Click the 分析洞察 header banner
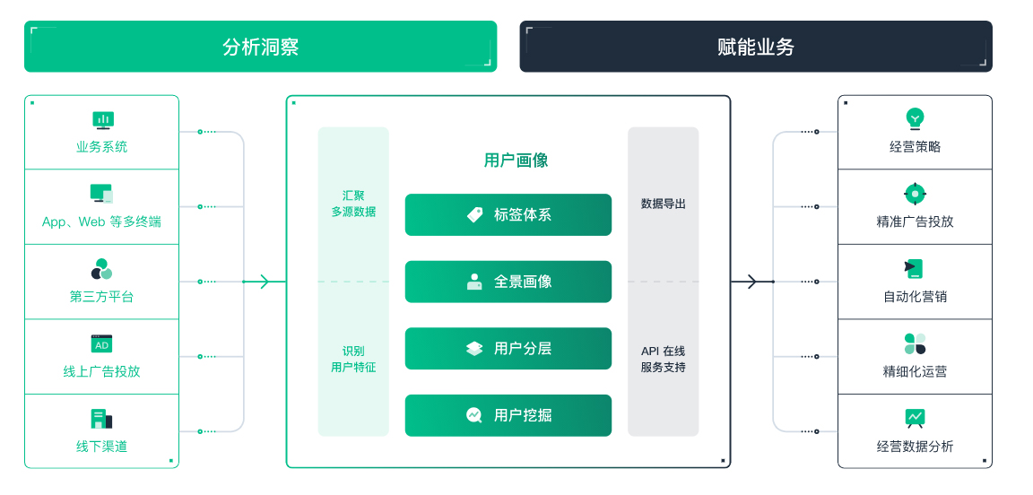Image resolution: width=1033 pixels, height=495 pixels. [x=260, y=46]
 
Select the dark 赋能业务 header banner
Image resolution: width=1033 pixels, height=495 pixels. [x=756, y=46]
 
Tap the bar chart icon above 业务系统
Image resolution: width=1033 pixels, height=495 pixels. [x=102, y=120]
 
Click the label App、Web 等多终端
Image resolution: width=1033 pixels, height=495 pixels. [x=101, y=221]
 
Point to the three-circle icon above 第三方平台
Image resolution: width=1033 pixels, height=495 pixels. [x=101, y=269]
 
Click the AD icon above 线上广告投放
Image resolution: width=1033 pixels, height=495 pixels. [x=101, y=344]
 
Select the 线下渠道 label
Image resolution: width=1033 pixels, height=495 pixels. [x=101, y=447]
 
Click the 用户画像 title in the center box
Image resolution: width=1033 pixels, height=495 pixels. [x=516, y=161]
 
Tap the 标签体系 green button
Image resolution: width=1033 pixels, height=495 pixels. [x=508, y=215]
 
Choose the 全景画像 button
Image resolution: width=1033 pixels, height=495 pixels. [x=508, y=282]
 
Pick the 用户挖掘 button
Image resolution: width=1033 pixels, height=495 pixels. [x=508, y=415]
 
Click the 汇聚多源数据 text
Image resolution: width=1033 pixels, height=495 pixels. [x=353, y=204]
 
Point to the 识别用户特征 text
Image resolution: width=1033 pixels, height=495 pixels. [x=353, y=359]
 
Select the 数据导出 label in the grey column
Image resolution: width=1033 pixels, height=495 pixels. [x=663, y=204]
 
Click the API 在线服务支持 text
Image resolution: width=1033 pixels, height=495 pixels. [x=663, y=359]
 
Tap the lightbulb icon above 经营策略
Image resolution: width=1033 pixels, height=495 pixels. [x=915, y=118]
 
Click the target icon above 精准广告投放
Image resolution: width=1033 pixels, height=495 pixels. [x=915, y=194]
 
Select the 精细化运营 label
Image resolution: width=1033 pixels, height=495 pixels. [x=915, y=371]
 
